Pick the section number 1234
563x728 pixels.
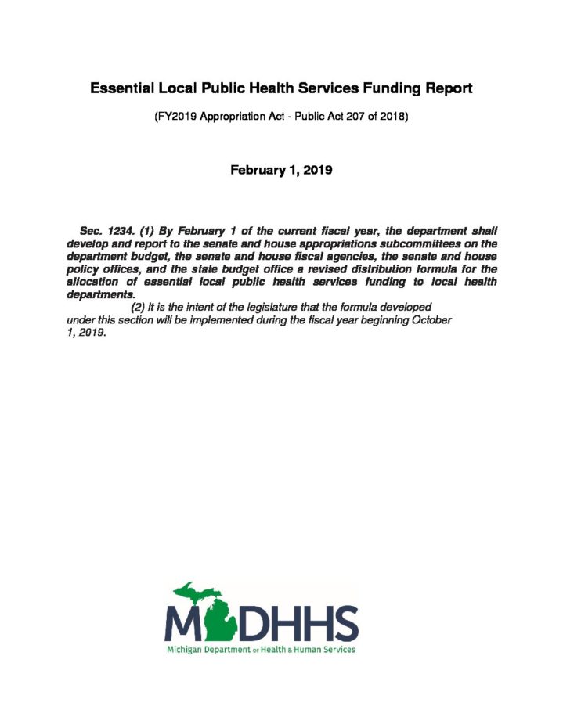click(124, 232)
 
